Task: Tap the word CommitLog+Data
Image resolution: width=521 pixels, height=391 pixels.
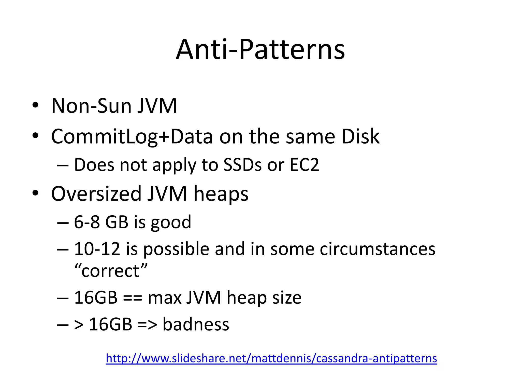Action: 132,137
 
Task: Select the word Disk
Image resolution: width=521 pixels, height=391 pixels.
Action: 360,137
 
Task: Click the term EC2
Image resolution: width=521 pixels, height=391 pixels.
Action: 304,165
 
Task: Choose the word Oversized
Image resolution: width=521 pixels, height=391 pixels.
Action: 96,194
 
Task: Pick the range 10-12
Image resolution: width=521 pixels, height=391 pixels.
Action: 97,249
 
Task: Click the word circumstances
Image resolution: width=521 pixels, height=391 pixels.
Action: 378,249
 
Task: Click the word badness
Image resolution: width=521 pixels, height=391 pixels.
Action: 196,324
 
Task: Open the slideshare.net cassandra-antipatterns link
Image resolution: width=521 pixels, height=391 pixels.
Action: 271,358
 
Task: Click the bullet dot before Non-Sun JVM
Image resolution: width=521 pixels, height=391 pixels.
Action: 35,105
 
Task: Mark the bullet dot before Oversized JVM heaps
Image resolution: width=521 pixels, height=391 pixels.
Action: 35,193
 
